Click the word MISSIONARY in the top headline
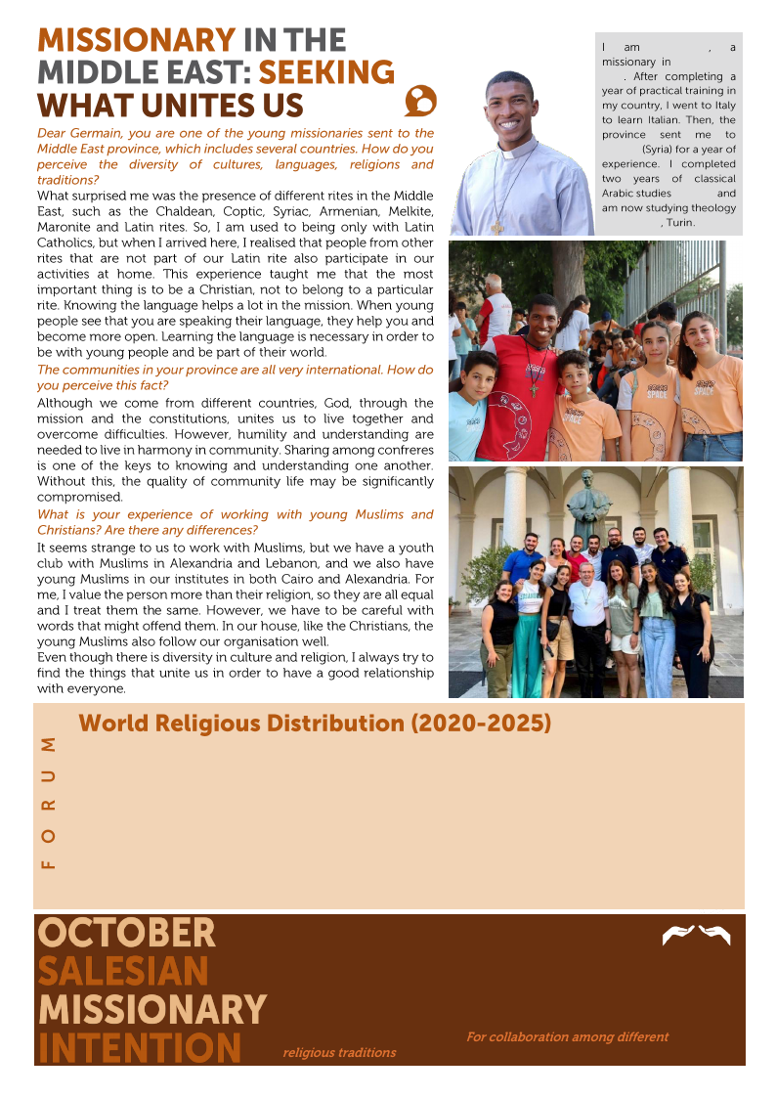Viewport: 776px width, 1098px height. point(136,40)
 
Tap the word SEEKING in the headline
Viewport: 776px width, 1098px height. point(326,72)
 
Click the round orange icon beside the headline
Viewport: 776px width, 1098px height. point(419,100)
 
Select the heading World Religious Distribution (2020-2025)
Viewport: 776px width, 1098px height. point(315,724)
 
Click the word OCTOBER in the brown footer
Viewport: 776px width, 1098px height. point(126,933)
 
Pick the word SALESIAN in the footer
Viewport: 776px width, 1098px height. point(123,971)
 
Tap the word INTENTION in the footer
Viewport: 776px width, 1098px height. point(139,1047)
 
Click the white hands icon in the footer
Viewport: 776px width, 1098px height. point(696,935)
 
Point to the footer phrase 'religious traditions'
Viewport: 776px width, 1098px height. point(339,1053)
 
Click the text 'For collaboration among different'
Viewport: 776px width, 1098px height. point(567,1036)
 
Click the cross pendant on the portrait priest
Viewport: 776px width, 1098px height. point(497,226)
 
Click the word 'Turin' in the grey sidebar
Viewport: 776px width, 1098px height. point(680,223)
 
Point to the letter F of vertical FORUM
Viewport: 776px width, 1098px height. point(47,863)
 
